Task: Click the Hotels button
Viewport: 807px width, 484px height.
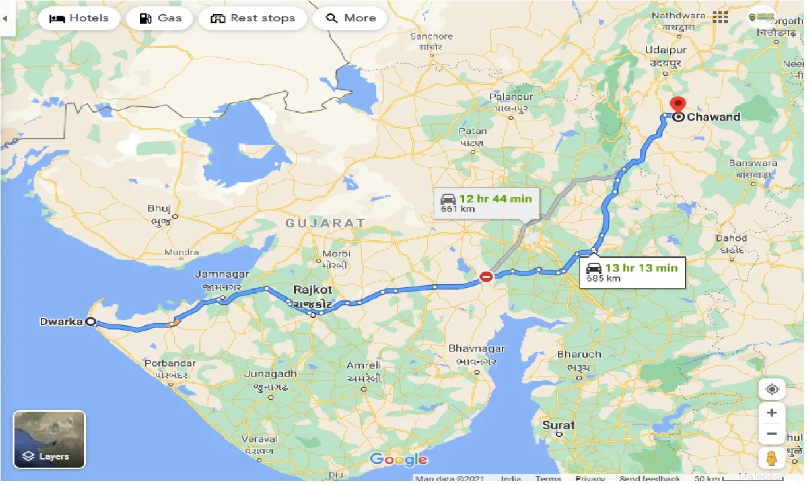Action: point(79,18)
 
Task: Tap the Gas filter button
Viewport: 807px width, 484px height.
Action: point(160,18)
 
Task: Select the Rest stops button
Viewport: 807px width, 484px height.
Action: point(253,18)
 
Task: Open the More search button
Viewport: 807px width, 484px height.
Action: point(350,18)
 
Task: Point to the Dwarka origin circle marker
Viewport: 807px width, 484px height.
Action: point(91,322)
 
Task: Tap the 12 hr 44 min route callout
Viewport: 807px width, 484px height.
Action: point(486,203)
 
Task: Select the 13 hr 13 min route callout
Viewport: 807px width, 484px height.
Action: point(632,272)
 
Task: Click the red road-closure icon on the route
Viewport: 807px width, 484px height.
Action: point(486,276)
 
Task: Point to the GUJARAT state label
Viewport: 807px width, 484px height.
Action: point(325,223)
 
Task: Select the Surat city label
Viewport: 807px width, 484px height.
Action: point(558,426)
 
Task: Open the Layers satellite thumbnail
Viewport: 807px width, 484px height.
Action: point(49,439)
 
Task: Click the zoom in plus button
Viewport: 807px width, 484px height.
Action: point(772,413)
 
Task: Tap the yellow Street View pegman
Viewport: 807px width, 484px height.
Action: point(772,459)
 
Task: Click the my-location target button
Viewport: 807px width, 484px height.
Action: point(772,390)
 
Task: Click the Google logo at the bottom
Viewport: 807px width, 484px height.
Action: point(398,459)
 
